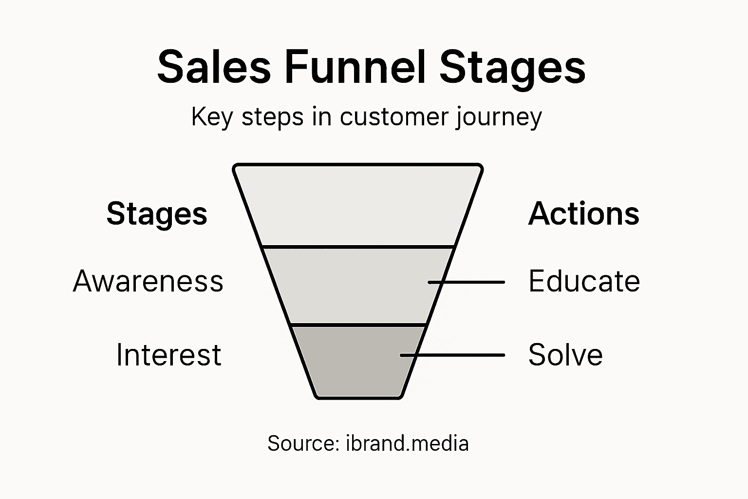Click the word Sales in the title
click(x=214, y=67)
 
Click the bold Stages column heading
click(x=157, y=214)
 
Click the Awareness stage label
click(x=148, y=281)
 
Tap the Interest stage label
click(x=168, y=354)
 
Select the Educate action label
click(x=584, y=281)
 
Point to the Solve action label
click(x=565, y=354)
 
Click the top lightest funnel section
click(x=358, y=205)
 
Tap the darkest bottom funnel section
click(x=351, y=361)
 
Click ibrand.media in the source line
click(x=407, y=443)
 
